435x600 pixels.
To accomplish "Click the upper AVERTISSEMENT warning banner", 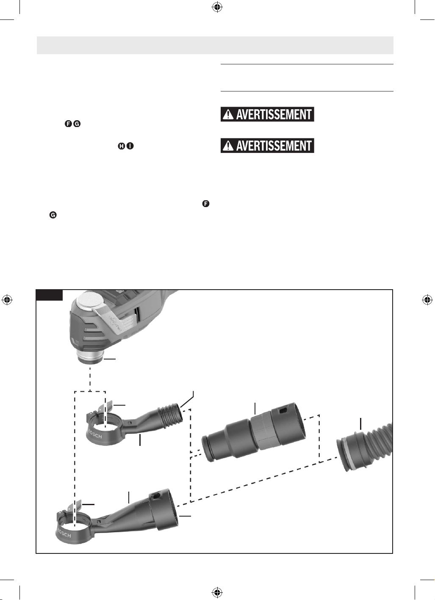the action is point(267,114).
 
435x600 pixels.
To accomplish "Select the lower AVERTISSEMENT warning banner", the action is point(267,146).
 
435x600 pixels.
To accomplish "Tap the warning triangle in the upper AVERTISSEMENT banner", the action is point(228,115).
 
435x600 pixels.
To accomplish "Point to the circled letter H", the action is point(122,146).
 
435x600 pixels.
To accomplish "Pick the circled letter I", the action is point(130,146).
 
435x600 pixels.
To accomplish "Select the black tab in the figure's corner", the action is point(50,295).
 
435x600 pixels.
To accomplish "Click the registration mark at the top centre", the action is point(217,7).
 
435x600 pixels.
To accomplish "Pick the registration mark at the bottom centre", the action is point(217,593).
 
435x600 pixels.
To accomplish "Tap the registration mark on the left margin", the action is point(7,300).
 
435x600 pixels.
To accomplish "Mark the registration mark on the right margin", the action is point(427,300).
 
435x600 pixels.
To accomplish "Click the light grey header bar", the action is point(215,45).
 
